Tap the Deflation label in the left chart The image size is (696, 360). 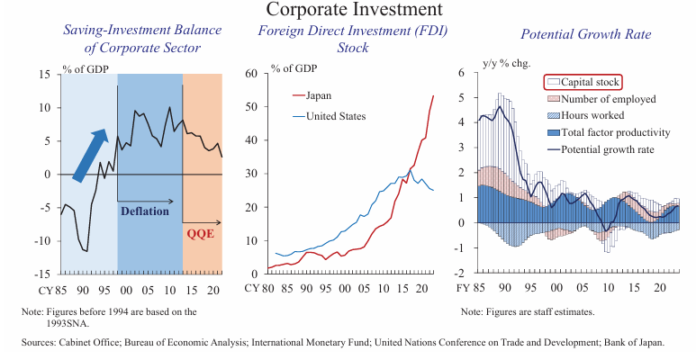click(x=144, y=211)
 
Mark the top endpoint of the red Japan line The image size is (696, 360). click(x=433, y=95)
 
